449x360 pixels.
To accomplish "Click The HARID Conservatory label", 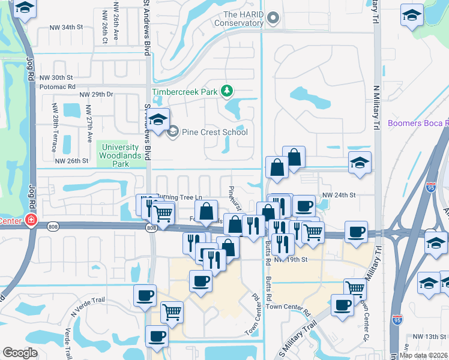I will (243, 19).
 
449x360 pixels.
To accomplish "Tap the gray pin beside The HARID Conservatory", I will (274, 18).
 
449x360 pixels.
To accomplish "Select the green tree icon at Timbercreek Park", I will (227, 91).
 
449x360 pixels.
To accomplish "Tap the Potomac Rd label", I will (55, 86).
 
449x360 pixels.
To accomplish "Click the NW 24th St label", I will (339, 195).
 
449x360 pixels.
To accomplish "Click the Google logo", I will (20, 353).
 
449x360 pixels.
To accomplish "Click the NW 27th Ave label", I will (88, 124).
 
